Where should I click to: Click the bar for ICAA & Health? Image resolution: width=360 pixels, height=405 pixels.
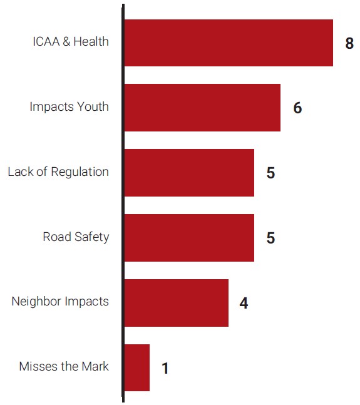[229, 43]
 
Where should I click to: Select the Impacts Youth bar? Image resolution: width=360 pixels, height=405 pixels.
[202, 108]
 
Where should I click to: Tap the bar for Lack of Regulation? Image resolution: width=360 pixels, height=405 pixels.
[189, 173]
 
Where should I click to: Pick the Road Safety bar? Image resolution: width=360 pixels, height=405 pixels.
[189, 238]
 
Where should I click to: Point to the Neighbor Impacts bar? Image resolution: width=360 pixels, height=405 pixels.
[176, 303]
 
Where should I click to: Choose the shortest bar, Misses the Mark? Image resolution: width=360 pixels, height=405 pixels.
[137, 367]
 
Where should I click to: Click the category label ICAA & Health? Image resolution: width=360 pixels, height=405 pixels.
[71, 42]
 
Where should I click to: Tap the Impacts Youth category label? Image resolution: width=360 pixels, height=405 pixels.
[69, 107]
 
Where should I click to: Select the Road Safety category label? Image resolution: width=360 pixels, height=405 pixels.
[76, 237]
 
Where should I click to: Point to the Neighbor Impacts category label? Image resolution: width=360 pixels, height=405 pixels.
[60, 302]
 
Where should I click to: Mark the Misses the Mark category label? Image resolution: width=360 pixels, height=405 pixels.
[64, 367]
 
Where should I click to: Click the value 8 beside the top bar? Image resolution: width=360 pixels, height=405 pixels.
[349, 43]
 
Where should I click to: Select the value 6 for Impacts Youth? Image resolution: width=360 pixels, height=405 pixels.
[297, 108]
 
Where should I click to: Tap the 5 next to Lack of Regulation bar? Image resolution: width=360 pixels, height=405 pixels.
[270, 173]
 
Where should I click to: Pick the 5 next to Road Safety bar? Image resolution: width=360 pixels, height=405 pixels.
[270, 238]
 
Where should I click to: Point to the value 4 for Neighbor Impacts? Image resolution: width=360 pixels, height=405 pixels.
[244, 304]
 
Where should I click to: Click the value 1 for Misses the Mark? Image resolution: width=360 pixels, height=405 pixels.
[165, 369]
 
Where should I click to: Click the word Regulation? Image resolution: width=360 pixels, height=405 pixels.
[80, 172]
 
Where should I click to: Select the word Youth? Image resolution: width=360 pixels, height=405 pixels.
[93, 107]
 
